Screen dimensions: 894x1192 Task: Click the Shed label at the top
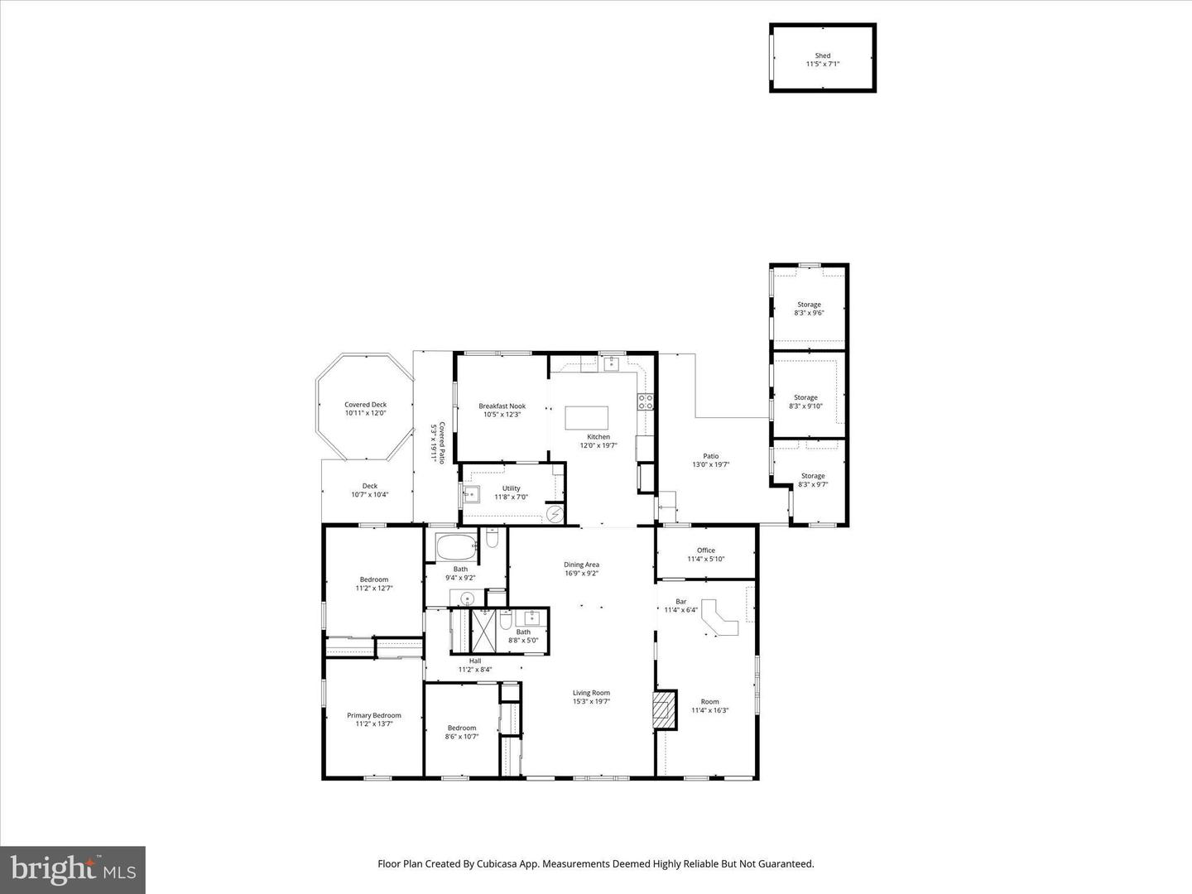[822, 56]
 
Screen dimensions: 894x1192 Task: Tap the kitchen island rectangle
[586, 417]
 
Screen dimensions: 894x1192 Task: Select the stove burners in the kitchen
[645, 402]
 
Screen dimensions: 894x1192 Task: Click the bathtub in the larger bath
[456, 546]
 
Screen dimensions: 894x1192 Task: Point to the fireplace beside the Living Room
[664, 709]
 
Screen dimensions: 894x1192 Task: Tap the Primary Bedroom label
[374, 715]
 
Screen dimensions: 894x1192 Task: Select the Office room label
[705, 550]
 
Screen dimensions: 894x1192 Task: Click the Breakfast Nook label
[502, 406]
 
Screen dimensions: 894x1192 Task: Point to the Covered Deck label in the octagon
[365, 405]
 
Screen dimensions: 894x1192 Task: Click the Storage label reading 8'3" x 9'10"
[805, 398]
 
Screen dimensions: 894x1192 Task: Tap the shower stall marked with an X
[482, 631]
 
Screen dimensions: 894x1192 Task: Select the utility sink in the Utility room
[472, 495]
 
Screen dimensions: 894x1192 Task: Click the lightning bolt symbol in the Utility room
[555, 515]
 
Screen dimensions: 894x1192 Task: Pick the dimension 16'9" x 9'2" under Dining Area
[581, 573]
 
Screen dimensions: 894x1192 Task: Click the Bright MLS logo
[73, 869]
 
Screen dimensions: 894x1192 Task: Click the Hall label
[474, 661]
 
